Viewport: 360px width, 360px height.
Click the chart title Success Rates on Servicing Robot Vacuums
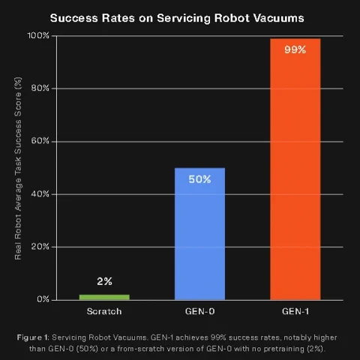point(180,16)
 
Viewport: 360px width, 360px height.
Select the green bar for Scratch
point(104,296)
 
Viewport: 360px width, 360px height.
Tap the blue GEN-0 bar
point(199,232)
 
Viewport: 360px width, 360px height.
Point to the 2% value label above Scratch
point(104,282)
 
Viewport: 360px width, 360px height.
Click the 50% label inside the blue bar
point(199,180)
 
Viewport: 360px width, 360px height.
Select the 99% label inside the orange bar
point(295,50)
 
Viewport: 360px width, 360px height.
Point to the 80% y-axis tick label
point(40,88)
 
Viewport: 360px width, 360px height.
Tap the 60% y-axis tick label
point(40,141)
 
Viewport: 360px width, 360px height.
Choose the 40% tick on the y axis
point(40,193)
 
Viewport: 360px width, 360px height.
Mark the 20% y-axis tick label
point(40,247)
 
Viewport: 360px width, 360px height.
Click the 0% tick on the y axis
point(43,299)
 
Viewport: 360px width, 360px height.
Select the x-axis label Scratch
point(104,310)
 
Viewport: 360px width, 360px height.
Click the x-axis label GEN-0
point(199,310)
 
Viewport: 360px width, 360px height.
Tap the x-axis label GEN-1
point(295,310)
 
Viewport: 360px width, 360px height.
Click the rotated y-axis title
point(19,166)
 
